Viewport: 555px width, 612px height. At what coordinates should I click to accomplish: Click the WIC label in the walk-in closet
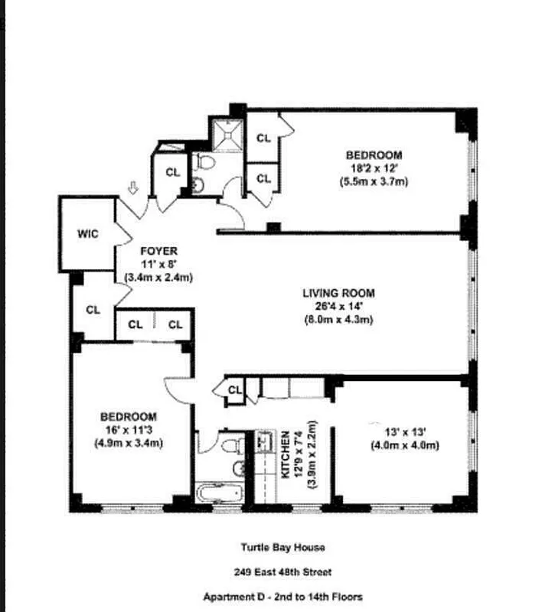pos(88,234)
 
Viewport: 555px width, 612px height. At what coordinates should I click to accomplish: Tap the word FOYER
pos(158,251)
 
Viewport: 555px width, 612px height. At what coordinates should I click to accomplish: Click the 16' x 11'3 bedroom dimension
pos(129,430)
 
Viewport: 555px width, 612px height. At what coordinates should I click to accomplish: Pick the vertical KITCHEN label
pos(286,455)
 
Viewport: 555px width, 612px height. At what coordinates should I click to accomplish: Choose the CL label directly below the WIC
pos(93,310)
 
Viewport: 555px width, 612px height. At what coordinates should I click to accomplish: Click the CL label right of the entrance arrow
pos(173,172)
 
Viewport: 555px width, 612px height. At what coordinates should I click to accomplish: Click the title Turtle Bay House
pos(282,547)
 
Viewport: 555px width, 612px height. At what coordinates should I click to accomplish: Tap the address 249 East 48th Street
pos(282,571)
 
